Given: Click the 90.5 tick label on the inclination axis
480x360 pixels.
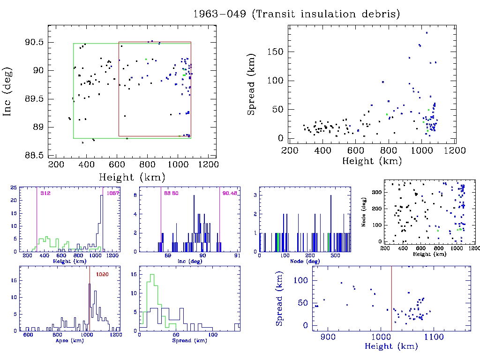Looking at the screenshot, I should coord(34,42).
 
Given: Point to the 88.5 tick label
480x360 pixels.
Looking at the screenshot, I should coord(34,155).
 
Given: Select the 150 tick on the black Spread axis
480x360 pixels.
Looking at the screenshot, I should coord(276,52).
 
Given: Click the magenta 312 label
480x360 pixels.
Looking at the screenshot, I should coord(45,193).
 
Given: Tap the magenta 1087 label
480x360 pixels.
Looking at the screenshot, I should coord(113,193).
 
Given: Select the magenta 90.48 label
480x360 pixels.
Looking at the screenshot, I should coord(230,193).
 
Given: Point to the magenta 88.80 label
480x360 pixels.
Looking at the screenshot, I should coord(171,193).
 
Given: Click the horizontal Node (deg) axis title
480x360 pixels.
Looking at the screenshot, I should coord(305,261).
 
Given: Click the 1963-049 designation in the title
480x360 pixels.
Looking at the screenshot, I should coord(219,14).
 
